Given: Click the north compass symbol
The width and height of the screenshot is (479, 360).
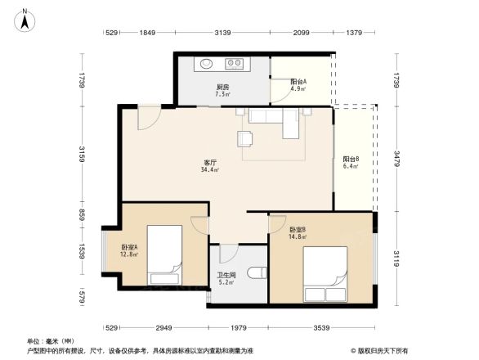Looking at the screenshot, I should pos(25,19).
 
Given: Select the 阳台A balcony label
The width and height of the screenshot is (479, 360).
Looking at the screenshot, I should pos(298,81).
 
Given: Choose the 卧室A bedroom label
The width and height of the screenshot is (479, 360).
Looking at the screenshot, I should pos(129,247).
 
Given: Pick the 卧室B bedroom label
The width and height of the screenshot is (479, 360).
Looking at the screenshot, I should pos(298,230).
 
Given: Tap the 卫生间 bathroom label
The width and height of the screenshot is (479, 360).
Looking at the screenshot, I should pos(226,275).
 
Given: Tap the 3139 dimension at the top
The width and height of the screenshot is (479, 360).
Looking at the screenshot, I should pos(222,33).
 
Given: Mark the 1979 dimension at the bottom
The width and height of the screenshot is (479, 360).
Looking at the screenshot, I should pos(238,327).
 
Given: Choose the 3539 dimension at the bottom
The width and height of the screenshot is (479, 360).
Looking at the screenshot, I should pos(322,327).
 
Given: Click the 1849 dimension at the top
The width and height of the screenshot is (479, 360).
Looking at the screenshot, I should pos(147,33).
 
